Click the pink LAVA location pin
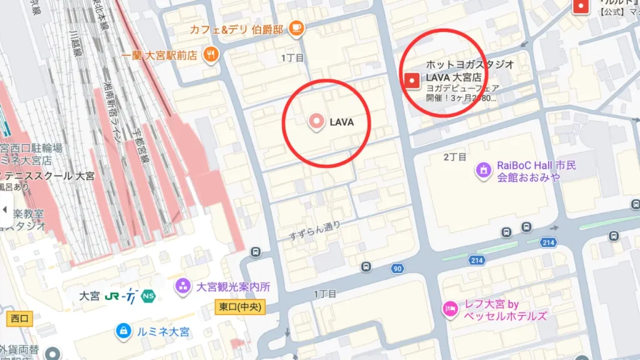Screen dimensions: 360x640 coord(316,121)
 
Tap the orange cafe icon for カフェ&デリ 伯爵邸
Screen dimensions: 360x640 coord(296,27)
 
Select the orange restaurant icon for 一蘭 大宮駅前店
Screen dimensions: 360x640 coord(211,55)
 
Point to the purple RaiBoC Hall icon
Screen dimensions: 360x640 coord(483,169)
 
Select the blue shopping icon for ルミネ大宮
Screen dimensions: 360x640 coord(124,331)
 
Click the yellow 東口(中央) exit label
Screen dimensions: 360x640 coord(241,307)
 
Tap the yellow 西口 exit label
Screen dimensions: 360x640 coord(20,319)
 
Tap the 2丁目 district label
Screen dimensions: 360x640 coord(455,156)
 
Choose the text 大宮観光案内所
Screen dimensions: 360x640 coord(233,287)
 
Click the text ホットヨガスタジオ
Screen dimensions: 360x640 coord(470,64)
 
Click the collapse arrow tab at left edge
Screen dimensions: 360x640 coord(6,210)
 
